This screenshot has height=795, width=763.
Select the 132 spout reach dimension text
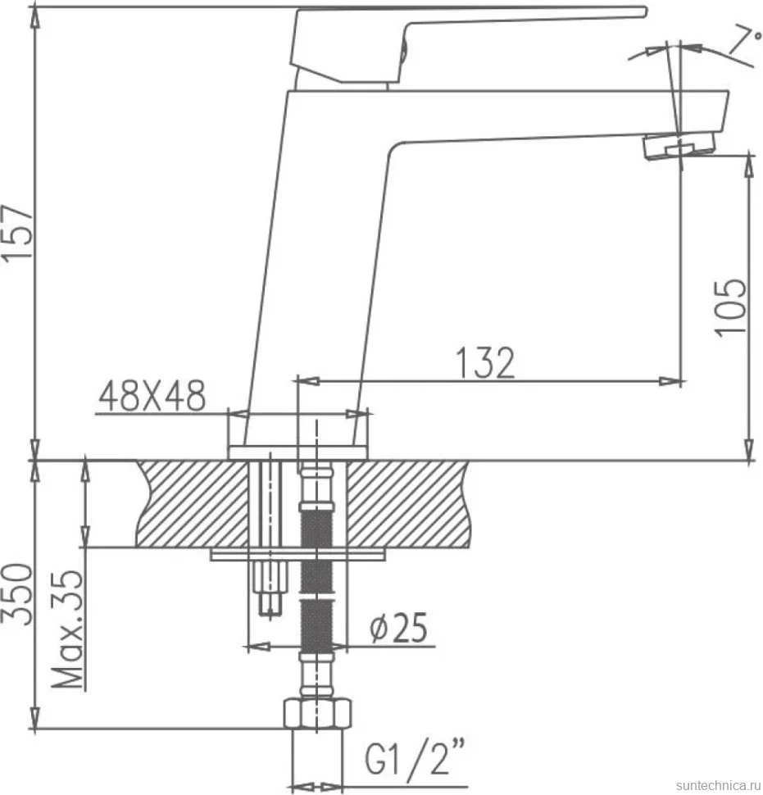pos(485,363)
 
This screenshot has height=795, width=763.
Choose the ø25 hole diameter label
pos(398,627)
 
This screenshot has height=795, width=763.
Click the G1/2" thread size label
pos(415,757)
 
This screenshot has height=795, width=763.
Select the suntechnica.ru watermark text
pos(719,785)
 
